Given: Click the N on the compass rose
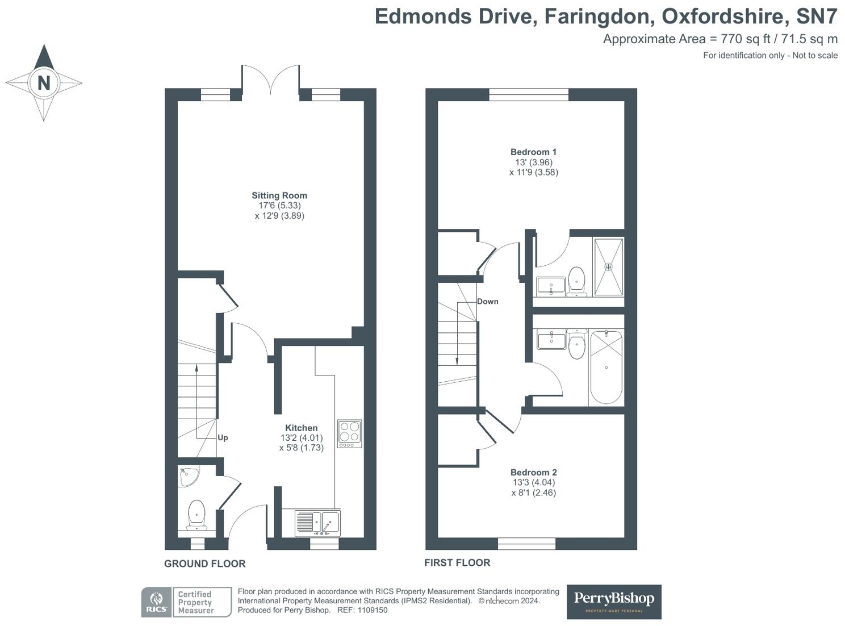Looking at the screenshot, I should point(44,83).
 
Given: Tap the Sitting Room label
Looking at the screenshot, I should point(279,195).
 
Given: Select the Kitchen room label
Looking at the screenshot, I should point(301,428).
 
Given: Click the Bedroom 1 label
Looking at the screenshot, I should point(533,152).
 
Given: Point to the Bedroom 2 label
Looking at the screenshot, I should point(533,473).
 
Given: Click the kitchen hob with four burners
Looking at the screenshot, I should point(349,433).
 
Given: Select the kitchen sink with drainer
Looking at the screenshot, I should point(317,523).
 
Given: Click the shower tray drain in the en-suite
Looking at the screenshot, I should point(608,266).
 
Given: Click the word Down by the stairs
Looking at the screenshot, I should point(487,302).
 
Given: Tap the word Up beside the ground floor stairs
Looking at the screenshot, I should point(223,438).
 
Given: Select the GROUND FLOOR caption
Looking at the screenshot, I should point(204,564).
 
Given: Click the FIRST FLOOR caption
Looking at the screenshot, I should point(457,562).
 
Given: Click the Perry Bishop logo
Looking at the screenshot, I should point(614,602).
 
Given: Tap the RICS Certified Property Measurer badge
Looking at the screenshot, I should point(186,602).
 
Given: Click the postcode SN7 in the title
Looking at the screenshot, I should point(817,17).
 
